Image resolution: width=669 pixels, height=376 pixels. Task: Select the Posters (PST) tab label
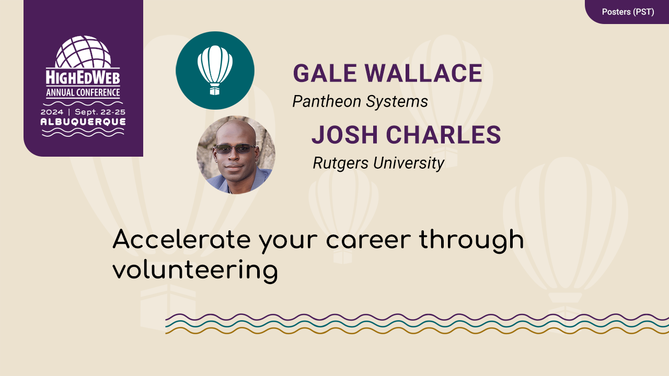pos(628,11)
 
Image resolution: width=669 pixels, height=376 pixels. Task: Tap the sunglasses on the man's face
pos(236,149)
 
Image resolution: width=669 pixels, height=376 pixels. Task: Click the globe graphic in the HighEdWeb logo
pos(83,52)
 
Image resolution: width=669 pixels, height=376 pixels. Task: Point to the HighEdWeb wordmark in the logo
pos(83,78)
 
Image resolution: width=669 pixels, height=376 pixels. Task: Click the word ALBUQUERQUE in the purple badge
pos(83,122)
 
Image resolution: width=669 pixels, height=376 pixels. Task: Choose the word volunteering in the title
pos(194,271)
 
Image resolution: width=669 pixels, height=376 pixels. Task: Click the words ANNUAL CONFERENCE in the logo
pos(83,93)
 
